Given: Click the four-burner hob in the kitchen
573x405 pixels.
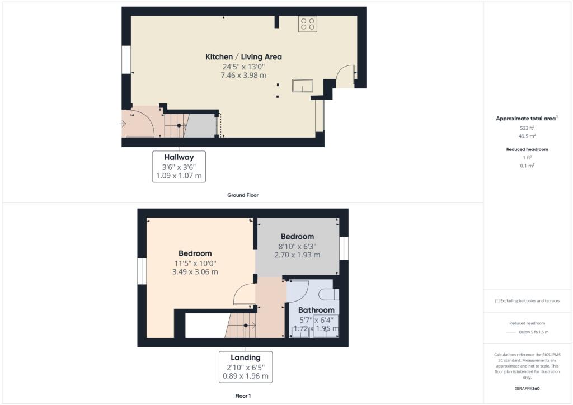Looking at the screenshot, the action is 307,24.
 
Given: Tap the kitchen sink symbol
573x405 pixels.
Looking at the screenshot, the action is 303,86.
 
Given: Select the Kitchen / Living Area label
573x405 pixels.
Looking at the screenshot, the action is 243,57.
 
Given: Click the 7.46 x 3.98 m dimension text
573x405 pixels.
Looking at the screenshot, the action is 243,75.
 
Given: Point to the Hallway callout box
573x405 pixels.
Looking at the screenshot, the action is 179,167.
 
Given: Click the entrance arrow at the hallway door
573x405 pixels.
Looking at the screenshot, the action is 123,124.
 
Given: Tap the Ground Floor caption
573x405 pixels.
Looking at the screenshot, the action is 243,195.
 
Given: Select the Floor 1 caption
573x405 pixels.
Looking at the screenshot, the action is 243,396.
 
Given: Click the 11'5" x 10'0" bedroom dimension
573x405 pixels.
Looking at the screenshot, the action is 195,263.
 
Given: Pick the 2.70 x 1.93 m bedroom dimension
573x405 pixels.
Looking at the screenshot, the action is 297,255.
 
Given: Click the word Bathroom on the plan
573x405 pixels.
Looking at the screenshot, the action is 316,310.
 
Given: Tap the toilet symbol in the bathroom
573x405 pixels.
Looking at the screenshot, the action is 329,294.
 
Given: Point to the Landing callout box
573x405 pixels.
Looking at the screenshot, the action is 246,366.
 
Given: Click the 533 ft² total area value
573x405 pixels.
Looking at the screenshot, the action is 527,128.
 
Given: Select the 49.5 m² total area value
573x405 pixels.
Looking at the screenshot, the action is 527,136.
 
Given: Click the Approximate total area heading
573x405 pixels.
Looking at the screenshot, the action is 527,119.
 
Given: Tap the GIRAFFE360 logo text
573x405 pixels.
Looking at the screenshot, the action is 527,389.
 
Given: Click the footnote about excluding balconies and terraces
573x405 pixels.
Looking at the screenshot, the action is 527,301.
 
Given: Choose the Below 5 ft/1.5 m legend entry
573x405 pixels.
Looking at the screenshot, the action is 533,332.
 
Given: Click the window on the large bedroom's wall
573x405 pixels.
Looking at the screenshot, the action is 142,271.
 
